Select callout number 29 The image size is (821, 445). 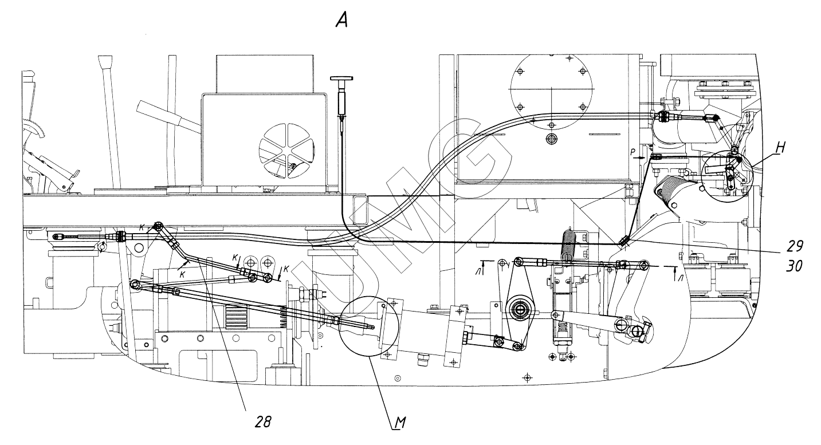click(x=793, y=247)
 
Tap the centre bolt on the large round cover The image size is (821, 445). click(x=551, y=139)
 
